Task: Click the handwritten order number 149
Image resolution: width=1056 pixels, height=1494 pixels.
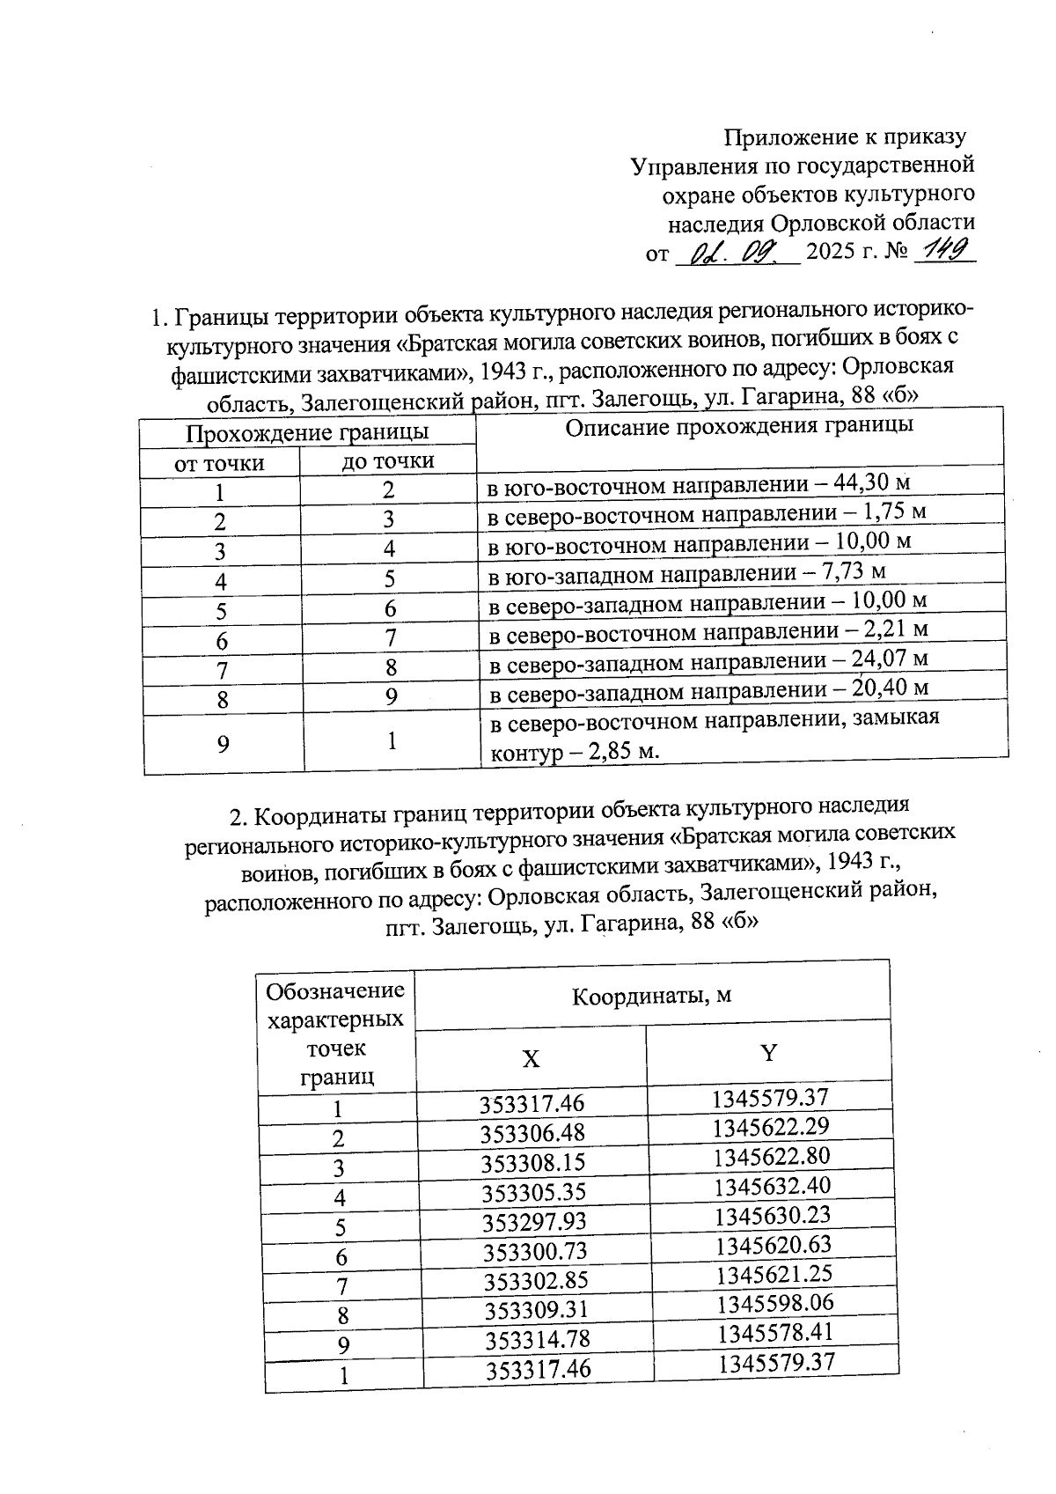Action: pos(946,251)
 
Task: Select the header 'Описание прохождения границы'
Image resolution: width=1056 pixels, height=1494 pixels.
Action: pos(738,427)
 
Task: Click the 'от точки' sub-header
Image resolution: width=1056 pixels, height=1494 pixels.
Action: pos(219,463)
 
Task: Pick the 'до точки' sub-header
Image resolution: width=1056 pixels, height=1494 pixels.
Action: pos(388,460)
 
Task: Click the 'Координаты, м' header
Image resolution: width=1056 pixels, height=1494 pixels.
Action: pos(651,996)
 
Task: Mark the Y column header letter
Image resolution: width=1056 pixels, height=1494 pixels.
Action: pos(768,1053)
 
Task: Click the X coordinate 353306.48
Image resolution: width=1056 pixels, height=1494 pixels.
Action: pos(532,1133)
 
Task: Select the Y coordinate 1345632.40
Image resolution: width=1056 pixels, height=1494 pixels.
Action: pos(772,1186)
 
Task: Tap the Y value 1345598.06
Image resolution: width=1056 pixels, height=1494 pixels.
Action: pos(774,1303)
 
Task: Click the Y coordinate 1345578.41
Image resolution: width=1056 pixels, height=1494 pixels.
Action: pos(774,1332)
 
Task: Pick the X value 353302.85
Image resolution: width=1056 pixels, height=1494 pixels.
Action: pos(535,1280)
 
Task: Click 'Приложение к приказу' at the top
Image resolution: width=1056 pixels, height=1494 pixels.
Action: pos(844,137)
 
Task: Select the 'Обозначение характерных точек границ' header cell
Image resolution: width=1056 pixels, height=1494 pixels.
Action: pos(335,1034)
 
